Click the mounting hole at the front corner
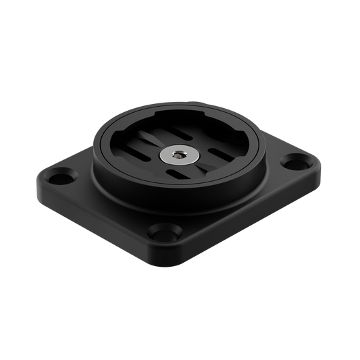(x=161, y=233)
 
